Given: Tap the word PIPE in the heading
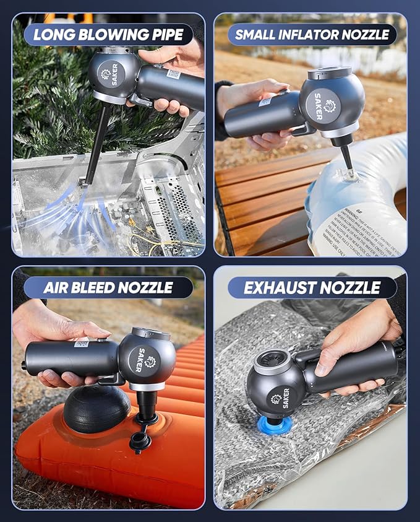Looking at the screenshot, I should point(169,35).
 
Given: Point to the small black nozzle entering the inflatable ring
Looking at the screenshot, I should point(346,160).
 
